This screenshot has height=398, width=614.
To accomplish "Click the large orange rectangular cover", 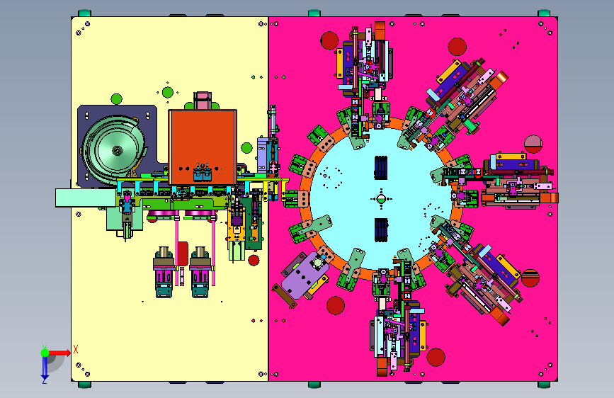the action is coord(203,147).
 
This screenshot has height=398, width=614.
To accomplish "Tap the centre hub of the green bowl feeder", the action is coord(117,150).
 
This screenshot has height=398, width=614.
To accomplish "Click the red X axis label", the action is coord(76,349).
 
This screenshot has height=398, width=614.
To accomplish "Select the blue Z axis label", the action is coord(45,380).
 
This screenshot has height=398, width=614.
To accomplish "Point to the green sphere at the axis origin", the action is coord(45,353).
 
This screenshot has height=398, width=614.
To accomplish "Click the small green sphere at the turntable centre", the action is coord(381,199).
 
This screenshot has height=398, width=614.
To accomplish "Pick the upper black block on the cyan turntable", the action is coord(381,168).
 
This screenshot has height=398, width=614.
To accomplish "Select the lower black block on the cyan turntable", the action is coord(381,230).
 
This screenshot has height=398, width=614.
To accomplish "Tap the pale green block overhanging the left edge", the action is coord(86,198).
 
